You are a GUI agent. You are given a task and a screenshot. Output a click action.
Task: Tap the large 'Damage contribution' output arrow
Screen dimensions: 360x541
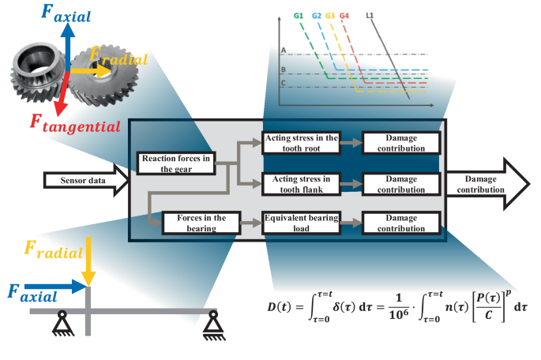click(487, 185)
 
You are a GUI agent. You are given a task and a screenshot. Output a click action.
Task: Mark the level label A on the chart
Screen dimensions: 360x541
click(282, 50)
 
